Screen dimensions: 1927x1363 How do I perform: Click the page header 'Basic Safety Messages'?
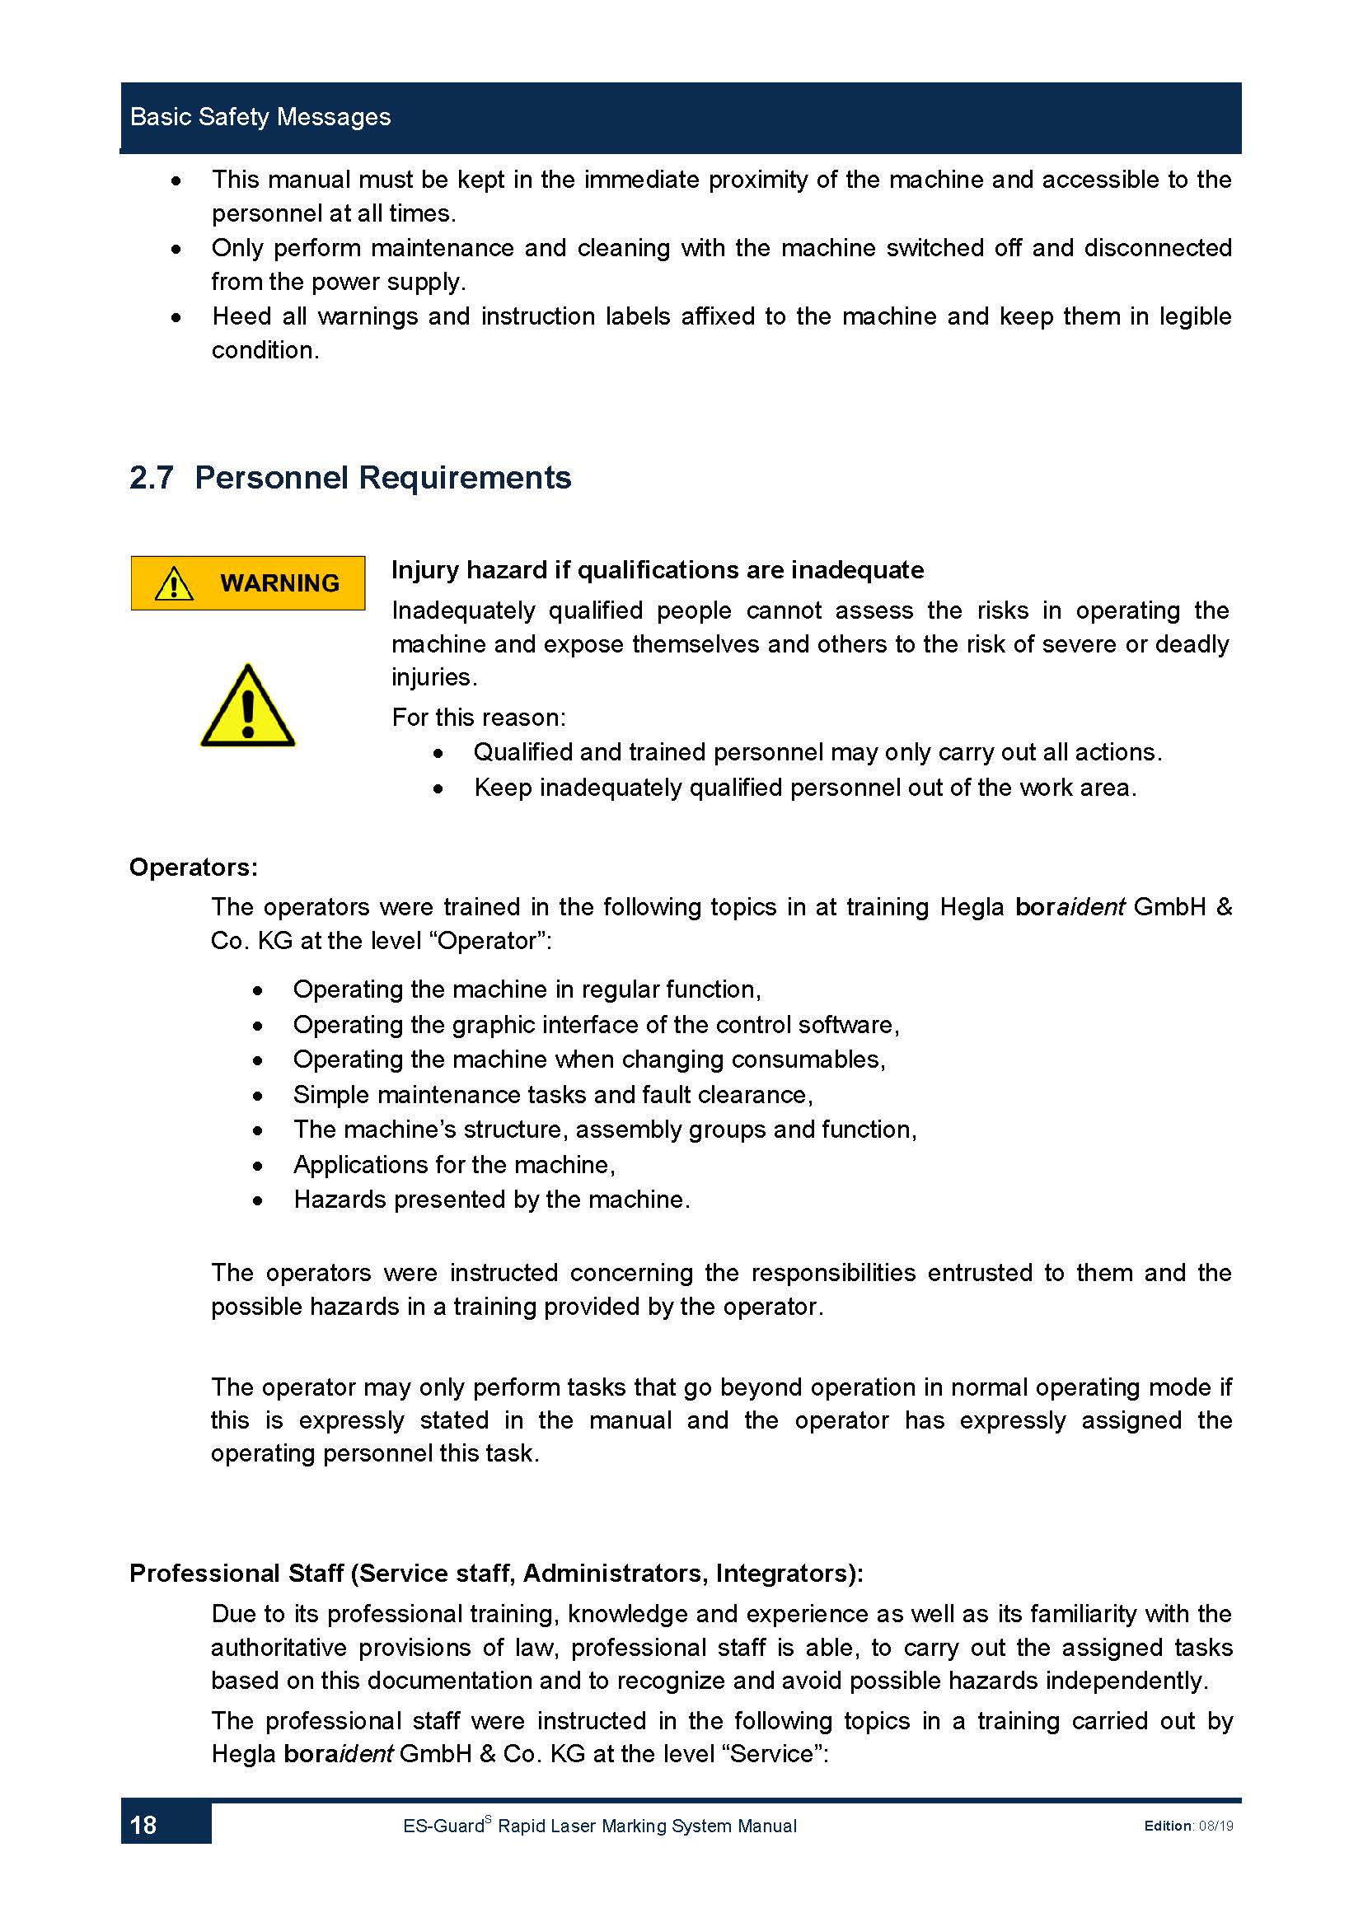coord(260,117)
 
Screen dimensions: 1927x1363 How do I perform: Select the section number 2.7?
coord(151,478)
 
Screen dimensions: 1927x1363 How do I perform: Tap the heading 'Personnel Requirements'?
coord(382,478)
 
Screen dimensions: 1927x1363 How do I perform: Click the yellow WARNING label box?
coord(247,582)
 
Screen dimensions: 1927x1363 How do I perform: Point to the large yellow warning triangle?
coord(247,708)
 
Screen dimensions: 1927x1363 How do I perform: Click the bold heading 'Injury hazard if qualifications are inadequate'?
coord(657,570)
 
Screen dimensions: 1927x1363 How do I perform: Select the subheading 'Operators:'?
coord(193,867)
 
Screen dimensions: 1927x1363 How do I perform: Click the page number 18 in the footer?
coord(143,1825)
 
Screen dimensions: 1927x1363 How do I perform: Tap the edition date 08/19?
coord(1215,1826)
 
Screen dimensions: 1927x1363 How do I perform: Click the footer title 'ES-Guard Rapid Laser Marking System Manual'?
coord(599,1826)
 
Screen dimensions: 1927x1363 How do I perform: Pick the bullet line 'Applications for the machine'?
coord(454,1164)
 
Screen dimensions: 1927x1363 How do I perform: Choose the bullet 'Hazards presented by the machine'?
coord(491,1200)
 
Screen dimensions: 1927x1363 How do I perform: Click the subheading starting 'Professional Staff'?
coord(496,1573)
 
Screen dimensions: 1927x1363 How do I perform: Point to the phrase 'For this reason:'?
coord(479,718)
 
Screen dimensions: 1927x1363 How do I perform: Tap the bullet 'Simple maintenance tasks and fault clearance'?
coord(552,1094)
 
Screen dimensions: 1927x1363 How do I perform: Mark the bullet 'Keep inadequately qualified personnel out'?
coord(805,788)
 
